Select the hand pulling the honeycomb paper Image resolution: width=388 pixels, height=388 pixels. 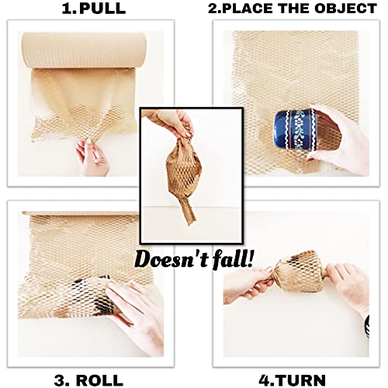point(92,156)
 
